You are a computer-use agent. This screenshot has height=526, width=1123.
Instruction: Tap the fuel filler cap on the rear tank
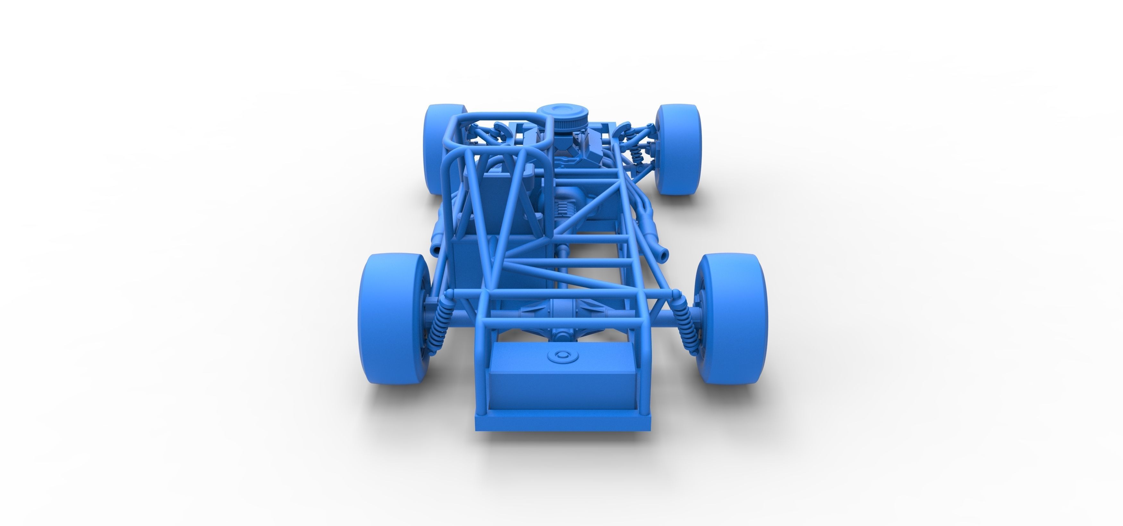(562, 356)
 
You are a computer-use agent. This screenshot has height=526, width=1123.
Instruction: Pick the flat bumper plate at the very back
(562, 423)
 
